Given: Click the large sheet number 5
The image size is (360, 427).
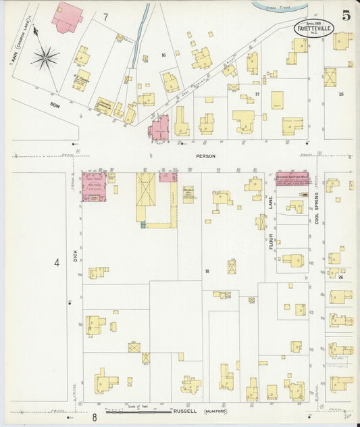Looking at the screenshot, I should click(345, 16).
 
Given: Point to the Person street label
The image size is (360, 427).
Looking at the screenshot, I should click(207, 156).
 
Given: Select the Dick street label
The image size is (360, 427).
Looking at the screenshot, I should click(76, 256).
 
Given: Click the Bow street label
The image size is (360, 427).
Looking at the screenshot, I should click(55, 105).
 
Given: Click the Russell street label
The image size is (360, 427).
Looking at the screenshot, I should click(185, 410).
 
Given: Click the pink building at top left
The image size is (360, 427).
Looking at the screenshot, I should click(67, 16).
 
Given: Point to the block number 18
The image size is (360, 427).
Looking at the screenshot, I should click(207, 271).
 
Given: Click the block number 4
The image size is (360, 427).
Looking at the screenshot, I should click(57, 262).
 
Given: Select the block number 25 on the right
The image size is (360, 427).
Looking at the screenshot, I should click(341, 94).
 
